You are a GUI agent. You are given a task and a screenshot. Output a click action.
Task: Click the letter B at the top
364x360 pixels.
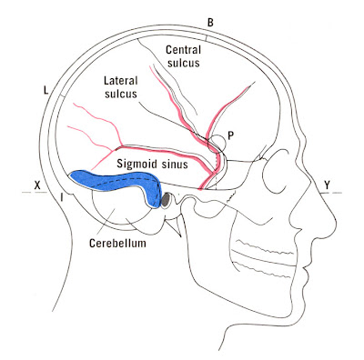point(210,21)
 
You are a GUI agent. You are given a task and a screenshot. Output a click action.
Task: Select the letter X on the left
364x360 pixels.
point(37,185)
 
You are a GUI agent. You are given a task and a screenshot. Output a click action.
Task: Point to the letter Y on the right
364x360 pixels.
point(325,185)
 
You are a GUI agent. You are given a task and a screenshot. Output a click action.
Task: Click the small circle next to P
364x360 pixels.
point(218,142)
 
